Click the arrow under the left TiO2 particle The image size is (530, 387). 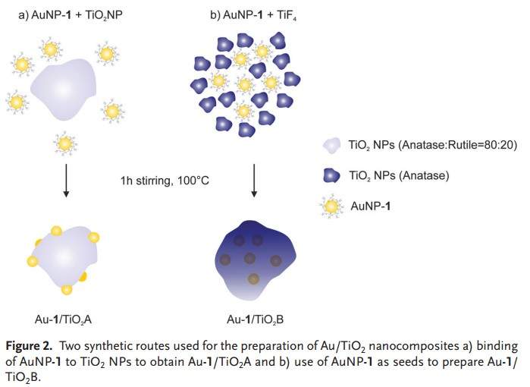[x=67, y=181]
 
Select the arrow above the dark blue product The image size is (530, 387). [x=253, y=181]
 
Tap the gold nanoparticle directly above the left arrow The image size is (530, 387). [x=66, y=143]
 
